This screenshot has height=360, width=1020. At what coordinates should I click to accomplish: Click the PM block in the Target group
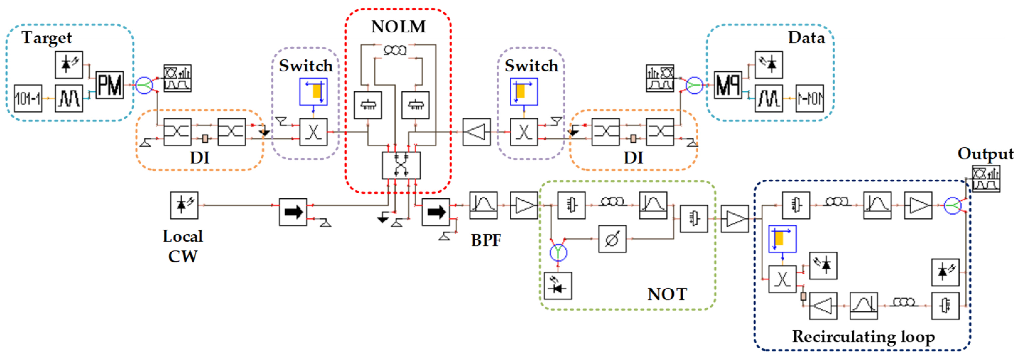pos(110,85)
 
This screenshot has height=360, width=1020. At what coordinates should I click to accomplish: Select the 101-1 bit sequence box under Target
pos(28,98)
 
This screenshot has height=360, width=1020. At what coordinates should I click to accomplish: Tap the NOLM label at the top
pos(398,27)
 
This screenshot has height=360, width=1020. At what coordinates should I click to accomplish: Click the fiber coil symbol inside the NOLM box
pos(395,50)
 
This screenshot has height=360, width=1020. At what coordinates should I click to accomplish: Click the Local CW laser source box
pos(184,205)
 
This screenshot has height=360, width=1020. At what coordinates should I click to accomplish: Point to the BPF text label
pos(486,240)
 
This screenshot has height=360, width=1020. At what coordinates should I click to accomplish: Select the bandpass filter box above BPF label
pos(483,205)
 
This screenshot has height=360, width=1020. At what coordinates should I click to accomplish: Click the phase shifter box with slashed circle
pos(612,239)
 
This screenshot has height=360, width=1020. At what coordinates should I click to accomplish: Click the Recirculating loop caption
pos(863,337)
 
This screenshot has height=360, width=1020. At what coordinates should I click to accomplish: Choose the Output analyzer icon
pos(986,179)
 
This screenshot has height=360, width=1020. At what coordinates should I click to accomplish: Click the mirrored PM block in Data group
pos(728,85)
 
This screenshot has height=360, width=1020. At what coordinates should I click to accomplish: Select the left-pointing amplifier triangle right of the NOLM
pos(476,132)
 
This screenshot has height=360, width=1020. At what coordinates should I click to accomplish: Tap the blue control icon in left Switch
pos(313,92)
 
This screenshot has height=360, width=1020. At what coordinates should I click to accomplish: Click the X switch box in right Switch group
pos(524,132)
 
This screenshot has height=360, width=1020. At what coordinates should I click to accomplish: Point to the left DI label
pos(200,158)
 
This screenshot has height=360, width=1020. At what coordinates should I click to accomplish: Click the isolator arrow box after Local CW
pos(293,212)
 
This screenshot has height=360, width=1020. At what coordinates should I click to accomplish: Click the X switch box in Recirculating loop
pos(782,279)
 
